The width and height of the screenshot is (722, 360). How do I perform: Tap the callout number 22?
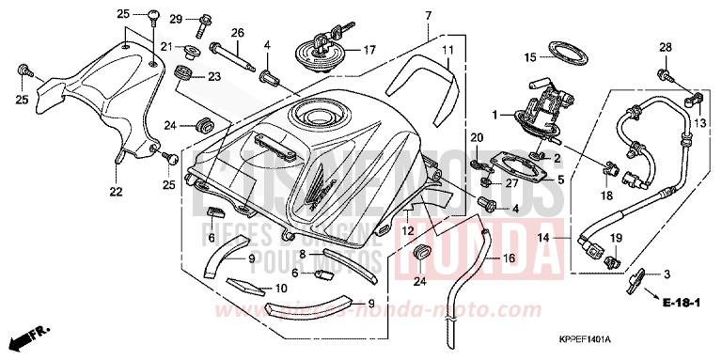pos(116,193)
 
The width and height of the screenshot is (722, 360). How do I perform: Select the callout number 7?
pos(428,16)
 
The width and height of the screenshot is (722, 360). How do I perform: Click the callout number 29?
pos(176,19)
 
